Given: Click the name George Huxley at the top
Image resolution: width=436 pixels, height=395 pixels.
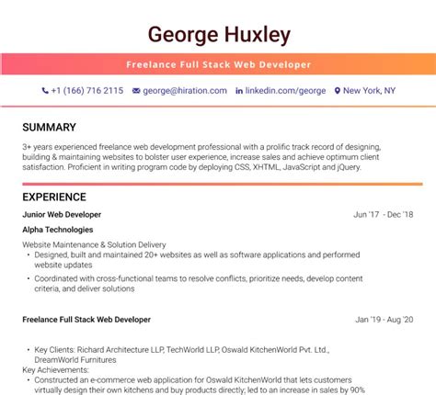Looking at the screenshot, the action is tap(218, 35).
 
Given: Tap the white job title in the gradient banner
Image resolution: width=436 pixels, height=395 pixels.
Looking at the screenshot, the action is tap(218, 64).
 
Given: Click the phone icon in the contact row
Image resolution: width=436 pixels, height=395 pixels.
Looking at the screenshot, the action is tap(45, 91).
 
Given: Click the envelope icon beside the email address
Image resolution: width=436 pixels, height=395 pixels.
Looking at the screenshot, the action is tap(136, 91).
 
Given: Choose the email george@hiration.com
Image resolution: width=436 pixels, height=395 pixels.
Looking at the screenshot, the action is tap(184, 91).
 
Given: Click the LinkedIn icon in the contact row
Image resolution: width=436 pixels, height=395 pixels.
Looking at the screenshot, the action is tap(240, 91).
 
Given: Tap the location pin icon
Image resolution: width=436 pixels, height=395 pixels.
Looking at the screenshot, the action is tap(338, 91).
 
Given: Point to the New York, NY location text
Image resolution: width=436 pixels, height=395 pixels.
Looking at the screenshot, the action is tap(370, 91).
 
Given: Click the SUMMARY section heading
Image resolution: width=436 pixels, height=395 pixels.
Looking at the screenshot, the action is tap(49, 127).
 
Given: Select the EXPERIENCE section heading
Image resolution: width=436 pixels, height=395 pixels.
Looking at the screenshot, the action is tap(54, 197).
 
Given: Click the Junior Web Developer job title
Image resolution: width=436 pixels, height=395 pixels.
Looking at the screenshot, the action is tap(62, 214).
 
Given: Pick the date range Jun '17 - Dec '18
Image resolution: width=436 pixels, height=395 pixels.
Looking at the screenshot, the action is tap(384, 214).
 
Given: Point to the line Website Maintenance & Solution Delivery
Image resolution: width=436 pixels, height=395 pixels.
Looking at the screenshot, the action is tap(94, 244).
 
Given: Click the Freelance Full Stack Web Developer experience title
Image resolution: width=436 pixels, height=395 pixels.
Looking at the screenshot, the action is tap(86, 320).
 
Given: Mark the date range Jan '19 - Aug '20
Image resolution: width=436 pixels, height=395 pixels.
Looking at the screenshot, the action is tap(384, 320).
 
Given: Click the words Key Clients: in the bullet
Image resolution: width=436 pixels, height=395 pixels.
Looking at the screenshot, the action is tap(56, 349).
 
